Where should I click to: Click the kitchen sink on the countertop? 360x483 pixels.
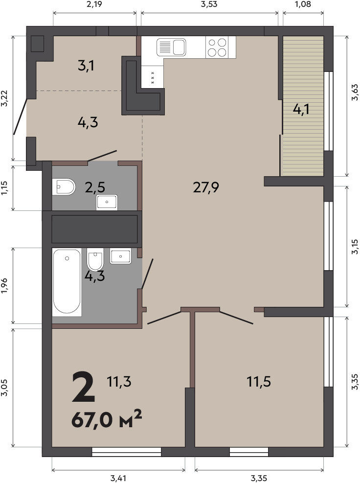(x=171, y=47)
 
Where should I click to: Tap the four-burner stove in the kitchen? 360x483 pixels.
(x=217, y=47)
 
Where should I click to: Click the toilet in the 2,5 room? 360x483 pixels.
(x=64, y=186)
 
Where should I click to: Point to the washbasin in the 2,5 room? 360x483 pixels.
(x=107, y=202)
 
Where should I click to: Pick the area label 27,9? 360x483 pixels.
(x=206, y=187)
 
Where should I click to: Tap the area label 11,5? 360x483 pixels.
(x=259, y=382)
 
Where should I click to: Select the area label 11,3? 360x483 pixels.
(x=119, y=382)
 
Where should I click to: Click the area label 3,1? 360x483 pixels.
(x=86, y=66)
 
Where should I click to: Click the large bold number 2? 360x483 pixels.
(x=83, y=387)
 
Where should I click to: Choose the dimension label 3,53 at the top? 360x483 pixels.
(x=209, y=4)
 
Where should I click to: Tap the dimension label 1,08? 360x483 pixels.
(x=303, y=4)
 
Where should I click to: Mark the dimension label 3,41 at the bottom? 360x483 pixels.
(x=118, y=479)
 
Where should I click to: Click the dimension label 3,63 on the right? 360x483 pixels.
(x=355, y=92)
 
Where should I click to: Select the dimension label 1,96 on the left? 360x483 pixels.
(x=4, y=286)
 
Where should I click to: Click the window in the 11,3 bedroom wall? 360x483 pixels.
(x=127, y=452)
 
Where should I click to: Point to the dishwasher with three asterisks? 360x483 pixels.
(x=153, y=77)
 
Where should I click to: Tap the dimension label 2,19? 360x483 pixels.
(x=94, y=4)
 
